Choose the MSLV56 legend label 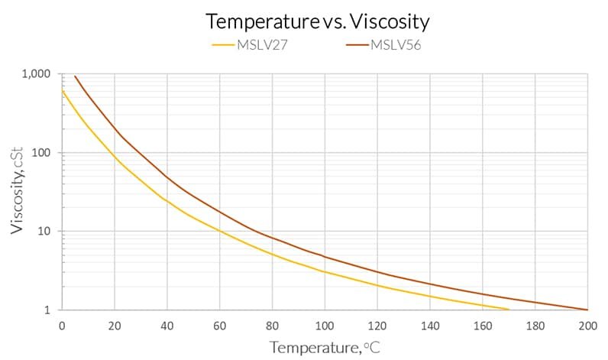[x=397, y=44]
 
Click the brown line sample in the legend [x=357, y=45]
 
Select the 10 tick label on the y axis [x=44, y=232]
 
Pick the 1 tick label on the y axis [x=47, y=310]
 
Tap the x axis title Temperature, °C [x=325, y=347]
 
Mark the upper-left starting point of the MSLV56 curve [x=75, y=76]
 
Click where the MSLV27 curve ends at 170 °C [x=509, y=310]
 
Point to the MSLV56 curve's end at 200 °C [x=587, y=310]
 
